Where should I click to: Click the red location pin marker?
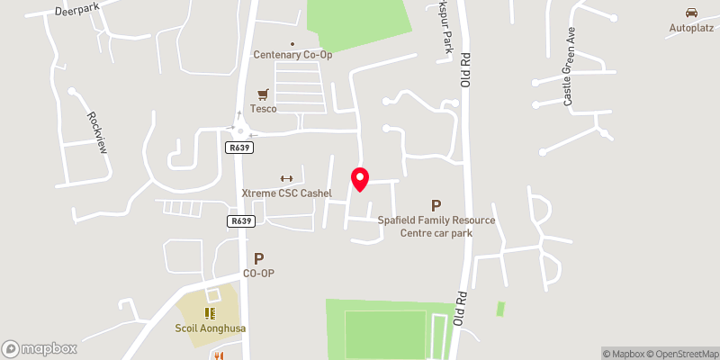360,178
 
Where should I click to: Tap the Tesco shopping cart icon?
264,94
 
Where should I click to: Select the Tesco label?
264,109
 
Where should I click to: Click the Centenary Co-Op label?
292,55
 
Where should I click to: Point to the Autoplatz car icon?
691,13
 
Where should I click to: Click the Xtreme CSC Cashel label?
287,193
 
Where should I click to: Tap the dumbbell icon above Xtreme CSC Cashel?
288,178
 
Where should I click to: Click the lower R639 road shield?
240,220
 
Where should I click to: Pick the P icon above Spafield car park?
436,206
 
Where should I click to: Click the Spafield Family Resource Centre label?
436,226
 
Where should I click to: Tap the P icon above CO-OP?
259,258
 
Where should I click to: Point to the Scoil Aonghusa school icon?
210,313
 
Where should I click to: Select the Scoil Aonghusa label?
211,328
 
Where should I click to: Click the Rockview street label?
97,131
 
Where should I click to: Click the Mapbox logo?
40,348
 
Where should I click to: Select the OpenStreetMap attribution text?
680,354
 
